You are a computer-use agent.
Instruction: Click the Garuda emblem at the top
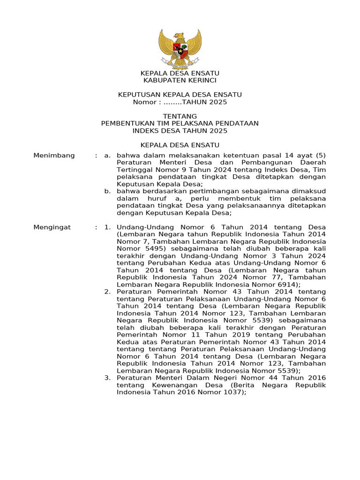pos(180,49)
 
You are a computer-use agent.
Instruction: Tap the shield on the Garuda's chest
pos(180,50)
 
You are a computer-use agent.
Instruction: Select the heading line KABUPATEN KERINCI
pos(180,81)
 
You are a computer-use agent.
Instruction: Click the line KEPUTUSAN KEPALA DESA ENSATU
pos(180,95)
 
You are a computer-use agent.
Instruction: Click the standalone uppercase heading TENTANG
pos(180,116)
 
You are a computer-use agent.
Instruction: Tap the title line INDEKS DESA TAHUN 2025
pos(180,131)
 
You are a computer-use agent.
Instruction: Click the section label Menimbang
pos(54,156)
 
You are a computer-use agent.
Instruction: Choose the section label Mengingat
pos(52,227)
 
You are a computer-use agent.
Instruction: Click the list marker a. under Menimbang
pos(107,156)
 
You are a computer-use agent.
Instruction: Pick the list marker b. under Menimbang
pos(107,191)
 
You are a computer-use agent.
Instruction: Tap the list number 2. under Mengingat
pos(107,292)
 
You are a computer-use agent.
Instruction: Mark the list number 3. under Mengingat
pos(107,378)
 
